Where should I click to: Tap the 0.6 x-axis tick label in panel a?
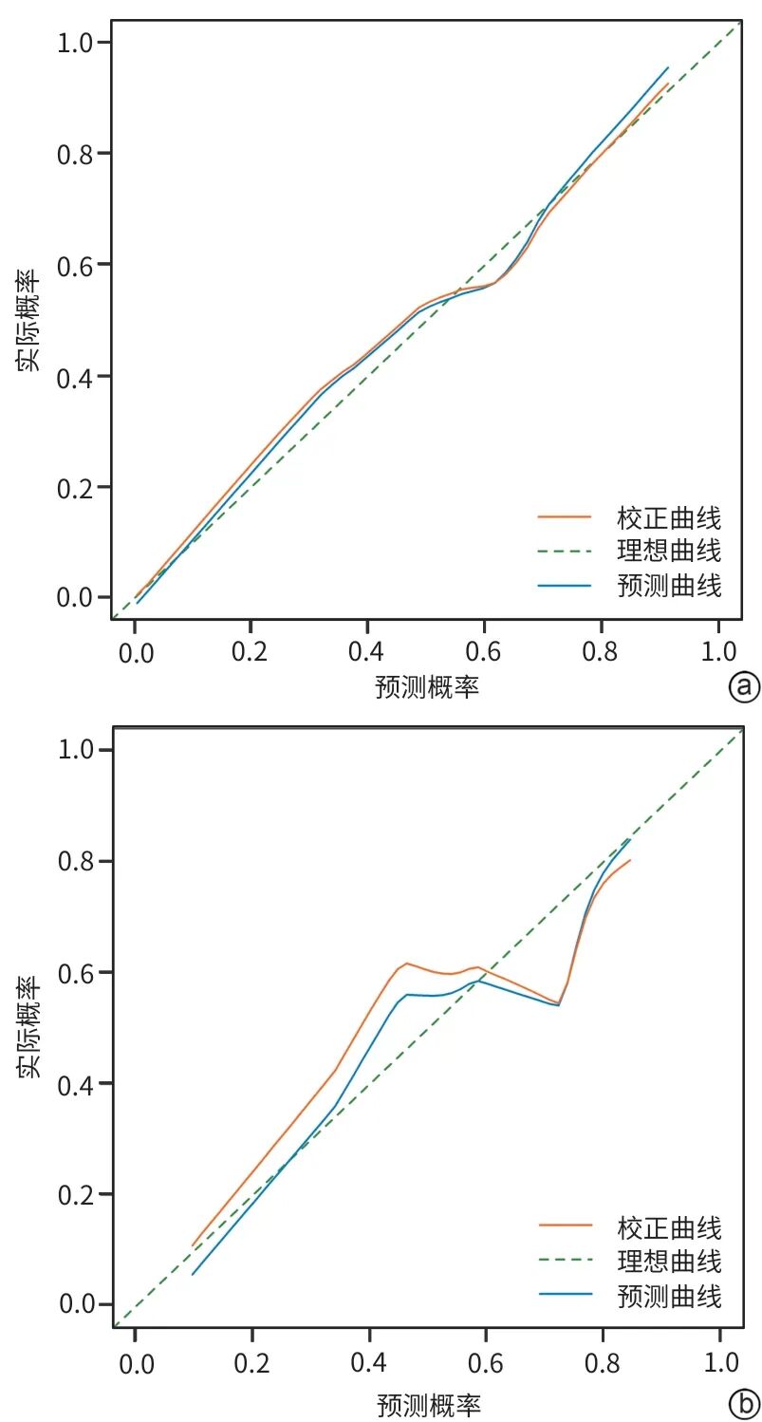[x=483, y=651]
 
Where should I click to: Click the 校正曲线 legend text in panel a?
[x=669, y=518]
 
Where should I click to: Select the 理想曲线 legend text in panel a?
[x=669, y=551]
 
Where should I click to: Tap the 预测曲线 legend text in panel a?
[x=669, y=586]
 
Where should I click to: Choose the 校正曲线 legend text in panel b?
[x=669, y=1229]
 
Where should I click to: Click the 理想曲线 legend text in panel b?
[x=669, y=1262]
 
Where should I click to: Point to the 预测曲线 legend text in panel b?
[x=669, y=1297]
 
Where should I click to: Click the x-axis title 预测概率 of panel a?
[x=427, y=687]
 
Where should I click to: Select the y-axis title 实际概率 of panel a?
[x=28, y=320]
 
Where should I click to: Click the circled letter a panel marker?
[x=744, y=687]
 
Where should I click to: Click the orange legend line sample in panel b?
[x=566, y=1225]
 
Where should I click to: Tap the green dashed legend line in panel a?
[x=564, y=552]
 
